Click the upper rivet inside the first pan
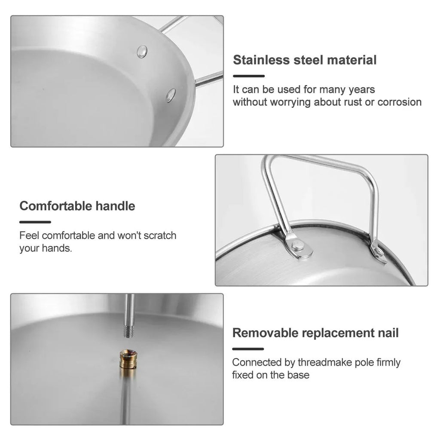142,52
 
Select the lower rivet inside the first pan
171,95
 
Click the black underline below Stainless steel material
248,76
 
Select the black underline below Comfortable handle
35,222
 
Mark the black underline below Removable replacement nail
248,349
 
